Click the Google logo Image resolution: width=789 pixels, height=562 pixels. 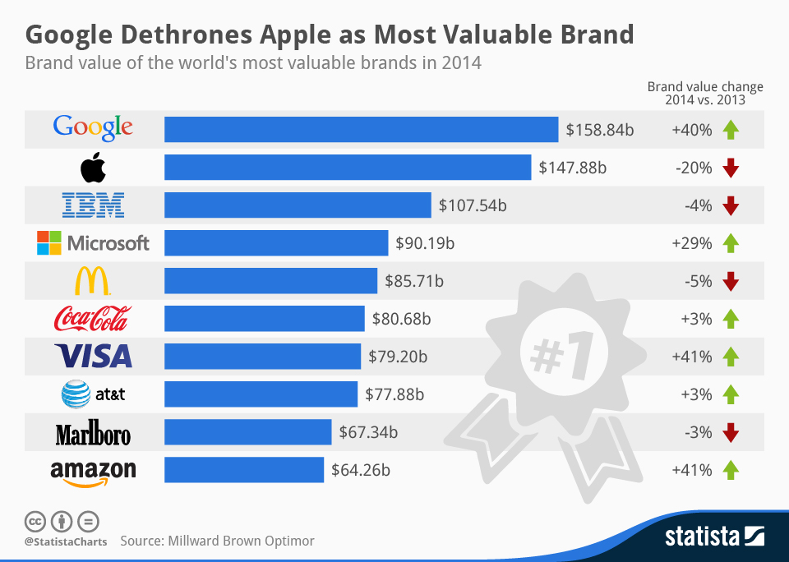tap(93, 127)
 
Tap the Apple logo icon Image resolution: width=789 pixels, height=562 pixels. tap(93, 168)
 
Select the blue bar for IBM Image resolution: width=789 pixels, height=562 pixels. tap(298, 205)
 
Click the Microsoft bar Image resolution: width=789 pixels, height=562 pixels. tap(276, 242)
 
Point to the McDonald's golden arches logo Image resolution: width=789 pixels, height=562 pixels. tap(93, 281)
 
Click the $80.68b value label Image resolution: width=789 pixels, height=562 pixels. tap(406, 318)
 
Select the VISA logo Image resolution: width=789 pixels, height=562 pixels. tap(93, 356)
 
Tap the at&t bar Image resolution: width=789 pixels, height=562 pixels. tap(261, 394)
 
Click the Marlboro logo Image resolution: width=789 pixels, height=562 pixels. tap(93, 433)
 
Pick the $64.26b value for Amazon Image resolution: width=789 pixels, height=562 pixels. tap(360, 470)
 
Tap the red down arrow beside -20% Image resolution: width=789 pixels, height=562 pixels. tap(731, 168)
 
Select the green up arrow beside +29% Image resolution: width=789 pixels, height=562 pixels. tap(731, 243)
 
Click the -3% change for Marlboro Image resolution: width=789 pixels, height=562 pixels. tap(697, 432)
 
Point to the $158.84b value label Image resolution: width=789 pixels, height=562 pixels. tap(600, 129)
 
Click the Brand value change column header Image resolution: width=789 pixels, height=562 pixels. tap(705, 93)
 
